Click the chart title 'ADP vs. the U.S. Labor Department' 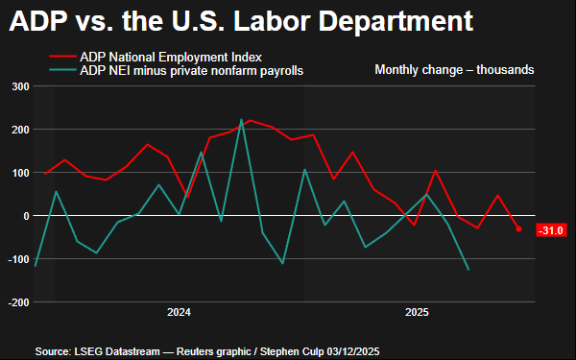pos(241,21)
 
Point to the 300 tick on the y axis pos(20,86)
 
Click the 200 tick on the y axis pos(20,130)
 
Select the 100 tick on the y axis pos(20,173)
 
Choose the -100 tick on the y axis pos(18,259)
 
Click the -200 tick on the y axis pos(18,302)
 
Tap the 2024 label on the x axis pos(179,313)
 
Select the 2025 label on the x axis pos(417,313)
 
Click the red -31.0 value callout pos(551,230)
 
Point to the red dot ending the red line pos(519,229)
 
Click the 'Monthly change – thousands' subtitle pos(454,70)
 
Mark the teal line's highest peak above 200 pos(241,120)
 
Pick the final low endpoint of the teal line pos(468,270)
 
